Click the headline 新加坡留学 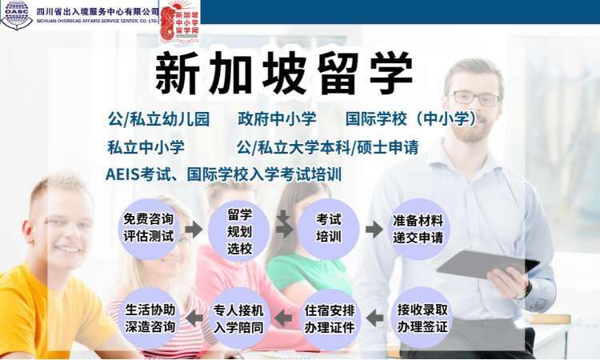[284, 74]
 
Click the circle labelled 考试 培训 [328, 229]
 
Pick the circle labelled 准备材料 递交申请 [418, 229]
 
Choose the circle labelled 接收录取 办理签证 [422, 318]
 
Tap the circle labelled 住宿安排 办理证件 [330, 318]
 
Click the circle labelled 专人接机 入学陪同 [238, 318]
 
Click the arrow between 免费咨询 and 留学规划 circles [194, 229]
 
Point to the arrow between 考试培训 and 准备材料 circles [374, 230]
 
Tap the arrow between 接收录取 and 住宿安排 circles [374, 318]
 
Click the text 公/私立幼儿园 [158, 119]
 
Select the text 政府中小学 [277, 119]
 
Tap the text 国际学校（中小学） [411, 119]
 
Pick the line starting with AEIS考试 [224, 174]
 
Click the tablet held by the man [487, 263]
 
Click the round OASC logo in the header [17, 14]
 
